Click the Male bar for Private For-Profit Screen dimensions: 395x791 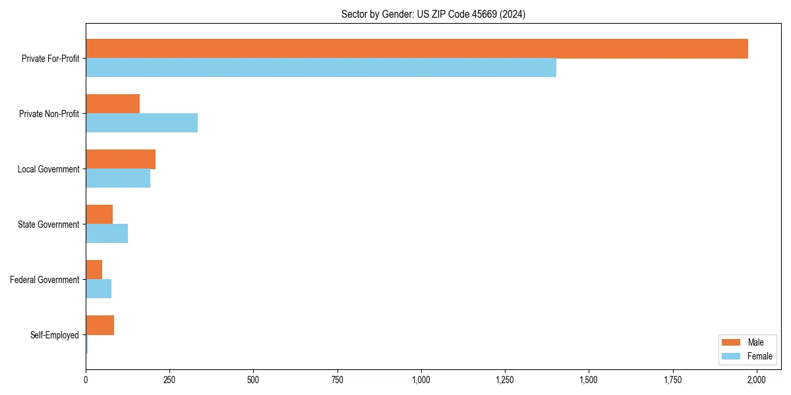tap(417, 49)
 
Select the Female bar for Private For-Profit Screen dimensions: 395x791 tap(321, 68)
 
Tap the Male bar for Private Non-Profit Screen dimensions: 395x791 tap(113, 104)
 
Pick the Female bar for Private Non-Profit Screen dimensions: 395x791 tap(142, 123)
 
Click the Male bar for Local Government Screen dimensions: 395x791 tap(121, 159)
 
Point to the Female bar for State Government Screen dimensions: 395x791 tap(107, 234)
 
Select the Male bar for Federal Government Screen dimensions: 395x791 tap(94, 270)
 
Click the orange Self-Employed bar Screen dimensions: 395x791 tap(100, 325)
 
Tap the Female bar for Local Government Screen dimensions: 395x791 tap(118, 178)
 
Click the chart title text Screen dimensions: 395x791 tap(433, 14)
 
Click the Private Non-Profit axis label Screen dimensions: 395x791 tap(49, 114)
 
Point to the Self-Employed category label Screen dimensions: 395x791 tap(55, 335)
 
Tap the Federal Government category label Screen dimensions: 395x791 tap(45, 280)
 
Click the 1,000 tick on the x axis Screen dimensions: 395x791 tap(421, 380)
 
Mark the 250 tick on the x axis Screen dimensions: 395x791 tap(169, 380)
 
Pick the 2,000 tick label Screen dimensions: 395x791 tap(756, 380)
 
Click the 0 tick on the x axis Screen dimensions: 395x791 tap(86, 380)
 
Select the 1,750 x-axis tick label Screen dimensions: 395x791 tap(672, 380)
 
